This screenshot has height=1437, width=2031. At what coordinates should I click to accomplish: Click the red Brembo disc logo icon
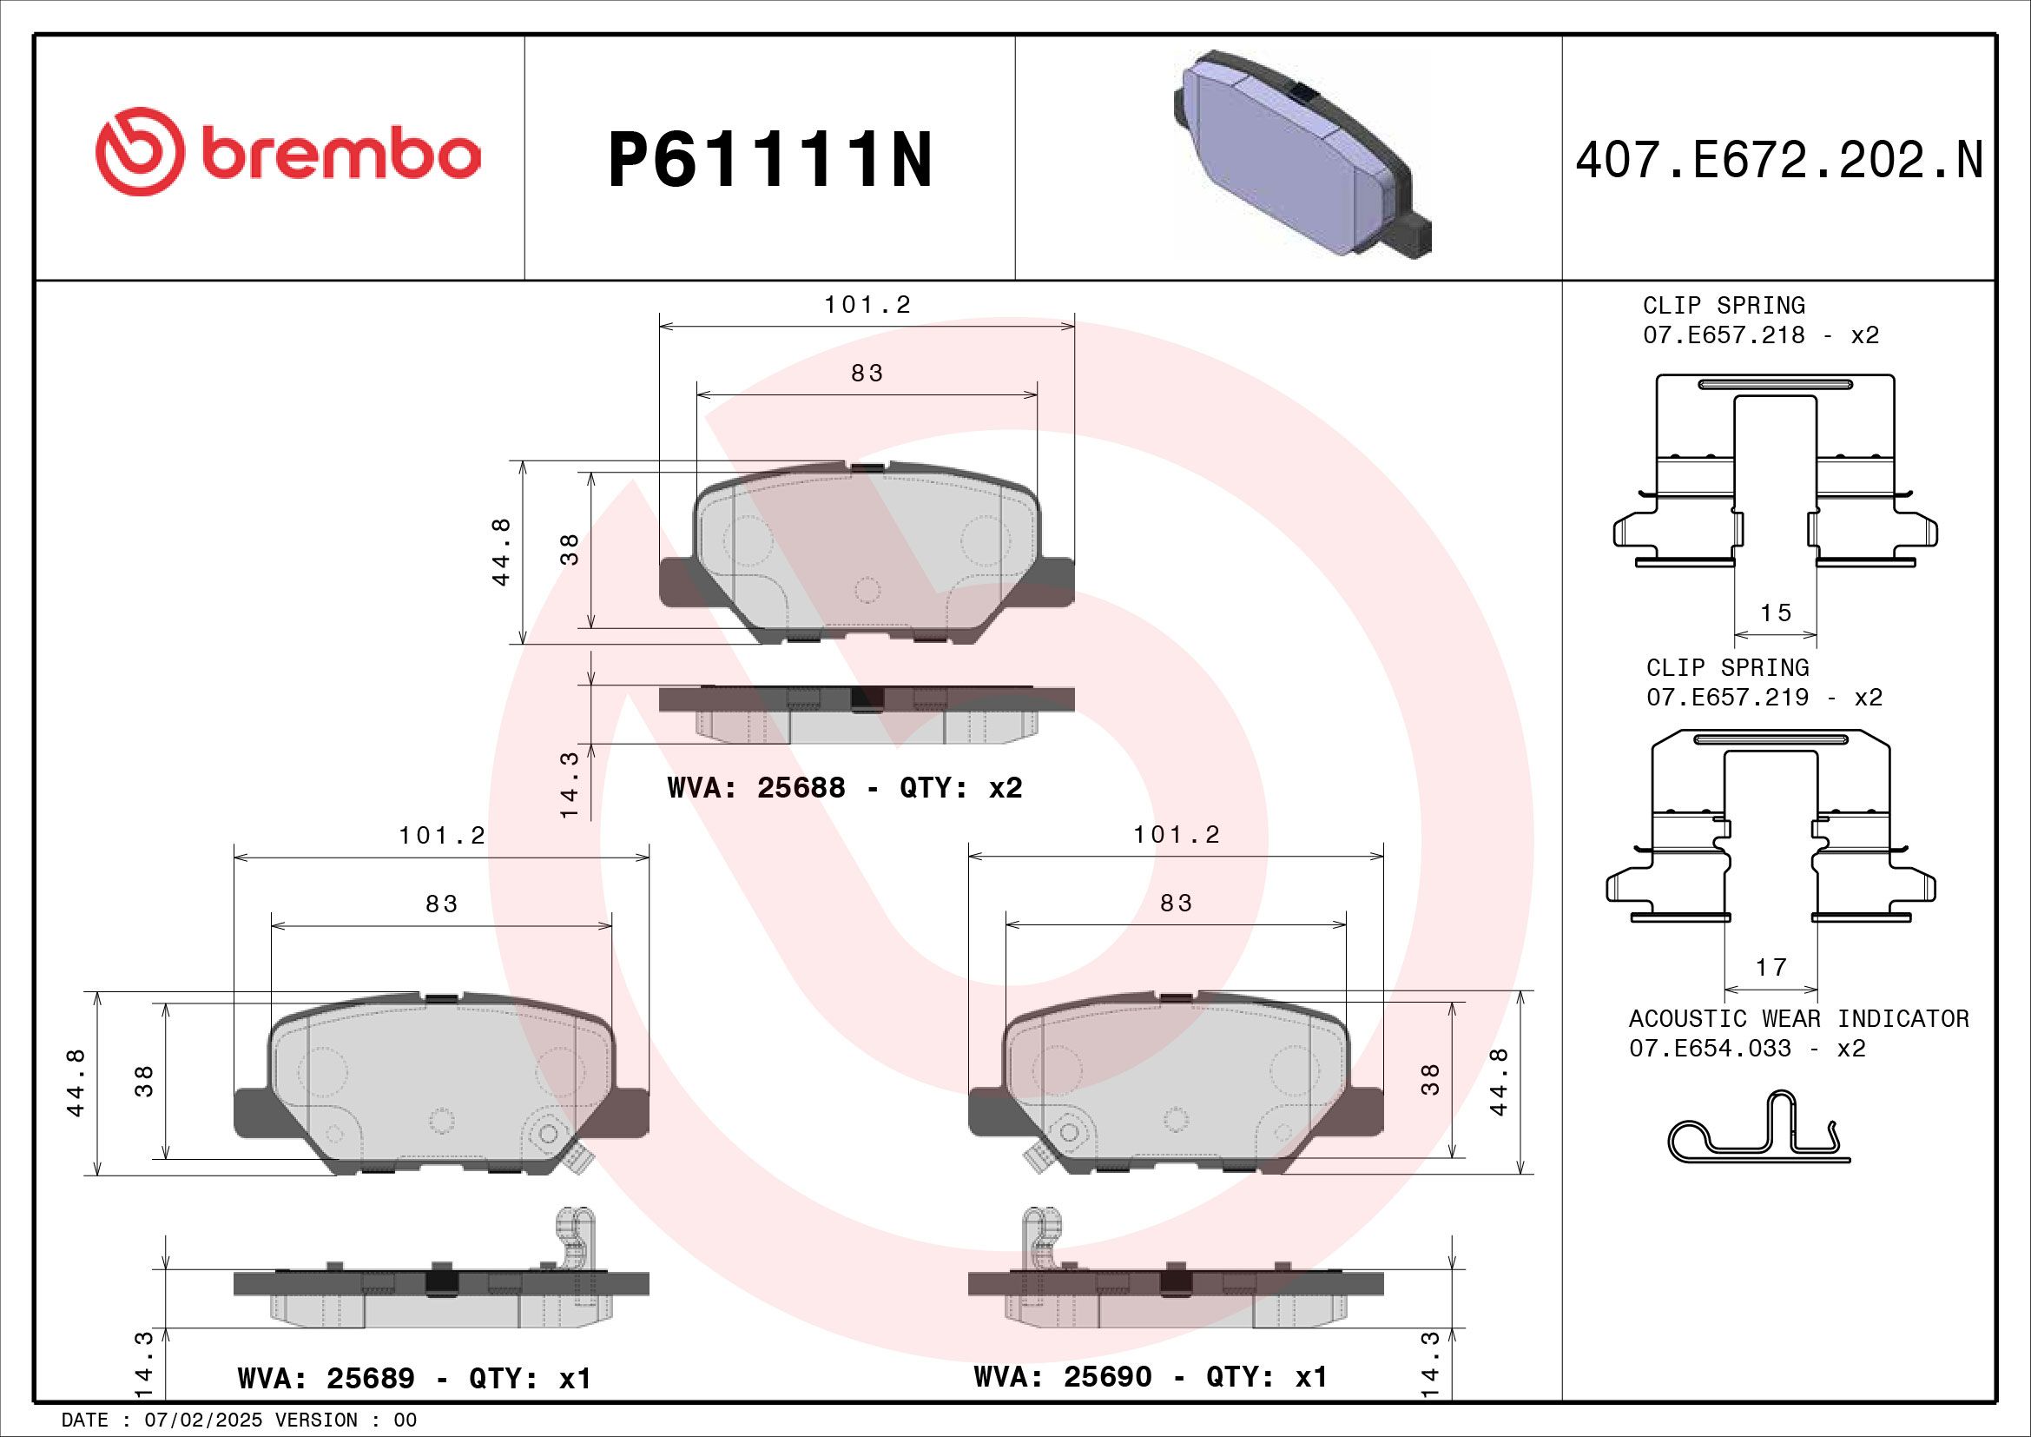140,151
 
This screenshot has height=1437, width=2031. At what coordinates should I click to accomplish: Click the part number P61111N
769,160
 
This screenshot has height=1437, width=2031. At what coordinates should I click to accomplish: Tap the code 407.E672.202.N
1779,161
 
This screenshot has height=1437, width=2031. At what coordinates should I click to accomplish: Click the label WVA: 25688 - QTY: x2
844,787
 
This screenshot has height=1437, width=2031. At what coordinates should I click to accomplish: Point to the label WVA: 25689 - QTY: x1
413,1378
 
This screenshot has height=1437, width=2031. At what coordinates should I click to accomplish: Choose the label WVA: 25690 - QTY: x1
1150,1376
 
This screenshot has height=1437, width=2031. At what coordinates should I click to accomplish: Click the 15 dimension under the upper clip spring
1776,613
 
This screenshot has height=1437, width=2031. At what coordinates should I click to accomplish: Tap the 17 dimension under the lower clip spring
1771,967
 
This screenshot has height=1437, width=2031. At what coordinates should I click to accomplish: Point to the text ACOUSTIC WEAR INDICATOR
1798,1018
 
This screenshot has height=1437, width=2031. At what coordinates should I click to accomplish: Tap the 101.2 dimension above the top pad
867,304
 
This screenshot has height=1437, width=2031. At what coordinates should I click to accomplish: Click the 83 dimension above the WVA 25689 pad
441,904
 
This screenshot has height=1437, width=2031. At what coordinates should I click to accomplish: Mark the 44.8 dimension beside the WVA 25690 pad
1499,1083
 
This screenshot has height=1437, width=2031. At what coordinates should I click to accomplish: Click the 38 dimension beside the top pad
570,549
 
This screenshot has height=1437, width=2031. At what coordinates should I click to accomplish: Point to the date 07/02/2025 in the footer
203,1420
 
